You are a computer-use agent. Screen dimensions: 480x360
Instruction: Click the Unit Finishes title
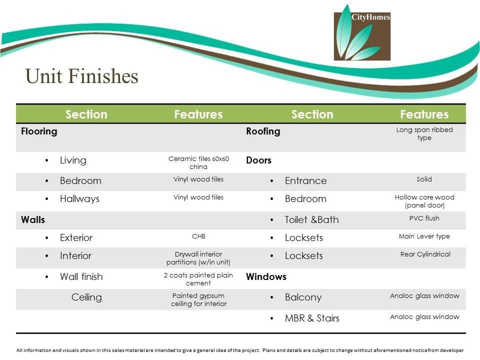tap(81, 76)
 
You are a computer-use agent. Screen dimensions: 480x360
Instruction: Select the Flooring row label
tap(39, 131)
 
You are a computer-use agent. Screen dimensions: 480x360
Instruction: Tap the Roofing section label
tap(263, 131)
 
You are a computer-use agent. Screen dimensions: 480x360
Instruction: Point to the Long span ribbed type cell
tap(424, 133)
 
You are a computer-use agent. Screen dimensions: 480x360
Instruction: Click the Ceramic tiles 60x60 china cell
tap(198, 162)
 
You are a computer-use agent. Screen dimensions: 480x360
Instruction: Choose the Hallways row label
tap(79, 198)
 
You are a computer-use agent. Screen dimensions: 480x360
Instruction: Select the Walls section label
tap(33, 219)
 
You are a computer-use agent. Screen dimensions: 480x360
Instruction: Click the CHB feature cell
tap(198, 236)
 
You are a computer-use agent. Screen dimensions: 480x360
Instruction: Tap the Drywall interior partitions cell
tap(198, 258)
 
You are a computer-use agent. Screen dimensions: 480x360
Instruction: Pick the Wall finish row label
tap(81, 276)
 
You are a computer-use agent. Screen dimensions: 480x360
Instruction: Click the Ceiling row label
tap(86, 297)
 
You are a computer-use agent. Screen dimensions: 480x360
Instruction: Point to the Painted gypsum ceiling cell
tap(198, 299)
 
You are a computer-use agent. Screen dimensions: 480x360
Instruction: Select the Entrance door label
tap(306, 180)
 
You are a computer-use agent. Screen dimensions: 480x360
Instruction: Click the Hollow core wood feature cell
tap(424, 201)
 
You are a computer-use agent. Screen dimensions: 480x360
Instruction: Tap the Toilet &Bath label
tap(311, 219)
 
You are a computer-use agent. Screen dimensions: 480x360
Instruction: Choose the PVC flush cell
tap(424, 218)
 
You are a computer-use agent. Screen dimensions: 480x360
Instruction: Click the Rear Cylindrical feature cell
tap(425, 254)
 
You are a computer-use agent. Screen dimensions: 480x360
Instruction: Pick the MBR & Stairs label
tap(312, 318)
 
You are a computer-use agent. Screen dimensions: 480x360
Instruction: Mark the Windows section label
tap(266, 276)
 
